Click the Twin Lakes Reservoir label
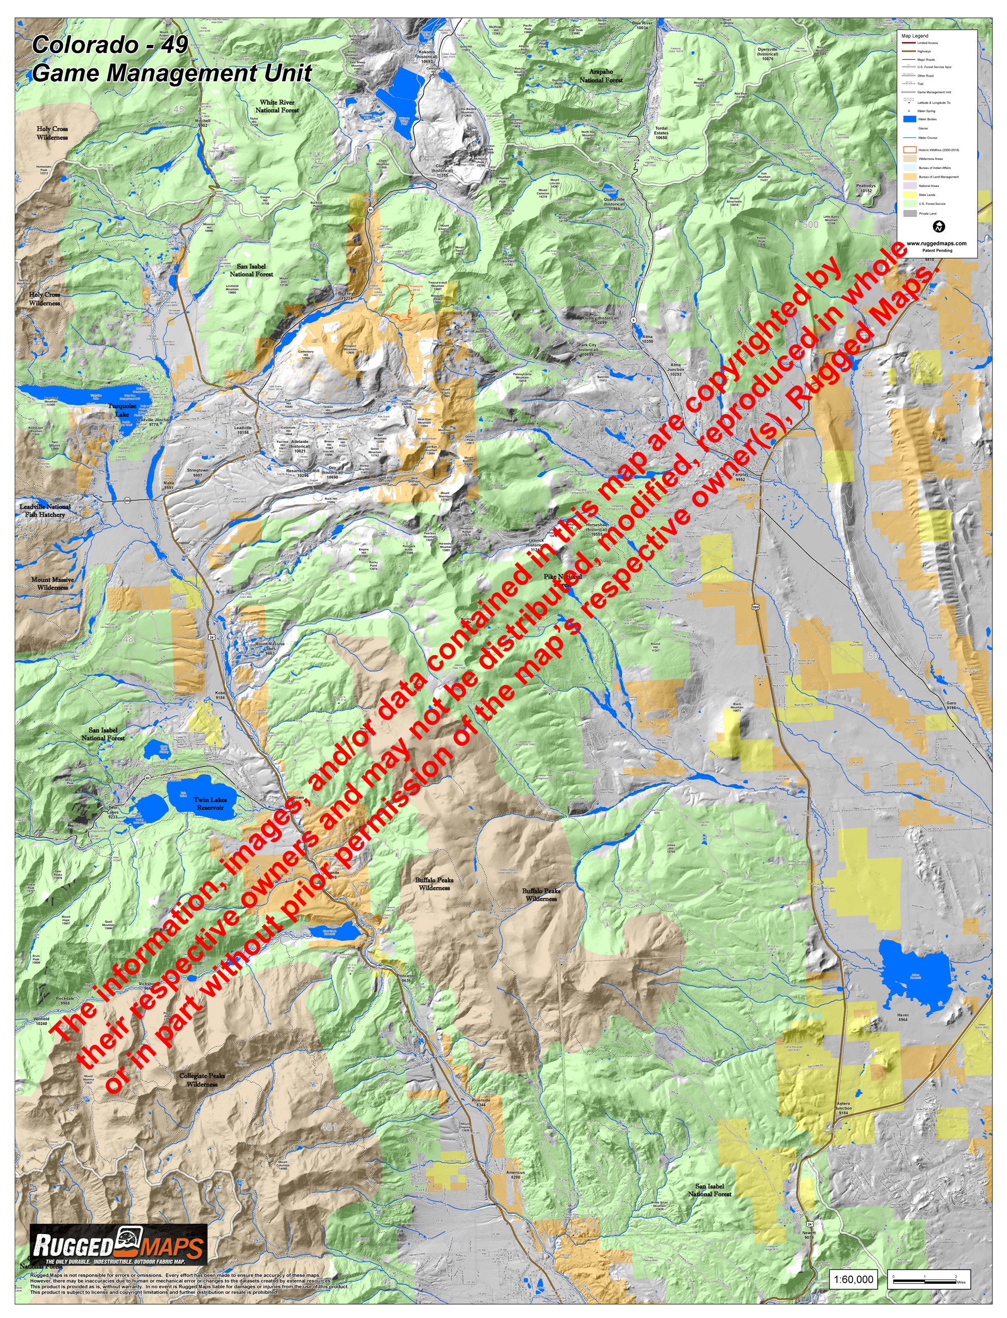point(210,803)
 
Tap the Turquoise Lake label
point(122,410)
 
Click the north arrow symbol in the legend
point(939,227)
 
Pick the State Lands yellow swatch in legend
point(910,195)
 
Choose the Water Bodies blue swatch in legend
point(910,119)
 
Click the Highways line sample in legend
point(909,51)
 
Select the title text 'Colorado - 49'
point(110,44)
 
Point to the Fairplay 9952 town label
point(740,476)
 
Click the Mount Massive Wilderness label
point(53,583)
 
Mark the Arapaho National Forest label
point(601,76)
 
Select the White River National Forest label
point(277,106)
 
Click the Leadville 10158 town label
point(243,430)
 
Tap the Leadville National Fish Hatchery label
point(45,510)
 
